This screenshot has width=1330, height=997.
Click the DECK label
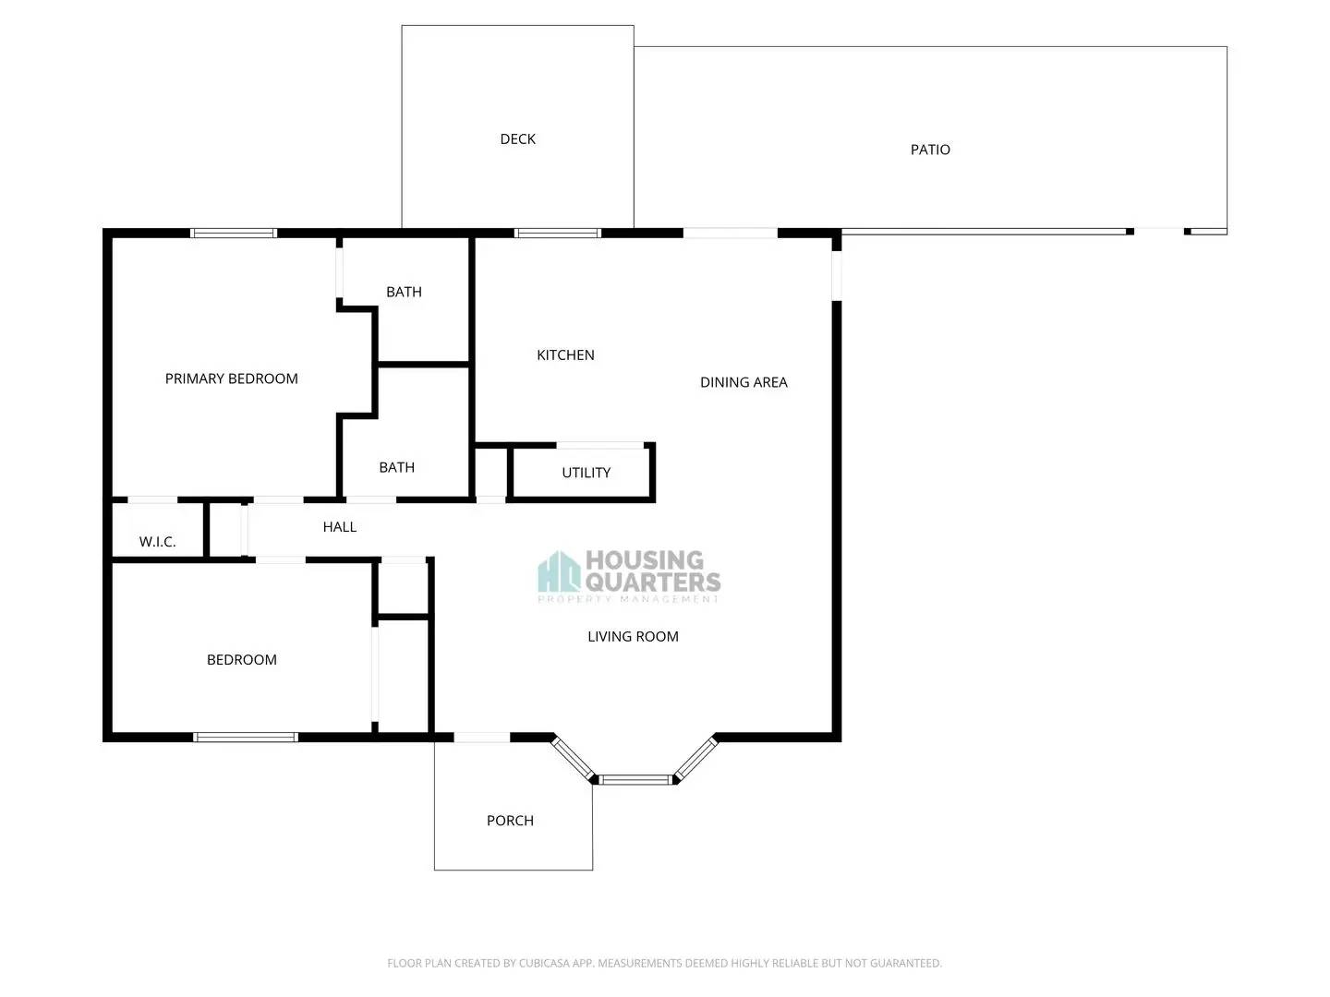coord(517,139)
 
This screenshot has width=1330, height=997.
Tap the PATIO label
coord(930,150)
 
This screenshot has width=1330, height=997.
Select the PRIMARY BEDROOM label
coord(231,378)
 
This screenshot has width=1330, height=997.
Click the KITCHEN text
coord(565,355)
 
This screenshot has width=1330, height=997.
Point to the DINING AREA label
coord(744,382)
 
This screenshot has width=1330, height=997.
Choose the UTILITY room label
coord(586,473)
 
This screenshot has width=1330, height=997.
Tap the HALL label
coord(339,527)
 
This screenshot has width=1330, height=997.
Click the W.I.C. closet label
coord(157,542)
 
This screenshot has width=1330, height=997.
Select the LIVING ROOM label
coord(633,637)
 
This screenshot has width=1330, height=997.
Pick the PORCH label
coord(510,821)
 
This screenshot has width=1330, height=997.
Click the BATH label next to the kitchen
coord(404,292)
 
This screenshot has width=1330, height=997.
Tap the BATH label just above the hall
coord(396,468)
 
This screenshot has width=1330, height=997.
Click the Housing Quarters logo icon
coord(559,572)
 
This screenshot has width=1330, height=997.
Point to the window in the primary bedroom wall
coord(234,234)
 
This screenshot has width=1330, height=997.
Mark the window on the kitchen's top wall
coord(558,234)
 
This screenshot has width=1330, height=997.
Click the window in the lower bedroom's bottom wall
coord(246,737)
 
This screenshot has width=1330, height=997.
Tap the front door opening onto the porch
coord(481,737)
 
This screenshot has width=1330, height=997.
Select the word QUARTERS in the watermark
coord(653,582)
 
